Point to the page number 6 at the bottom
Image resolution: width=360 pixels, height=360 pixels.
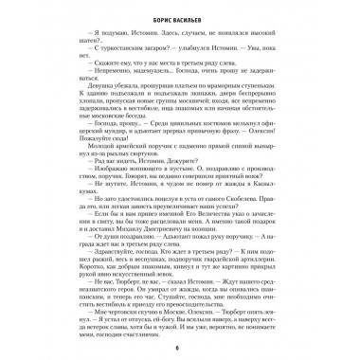179,349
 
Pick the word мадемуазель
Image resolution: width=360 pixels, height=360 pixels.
150,77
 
